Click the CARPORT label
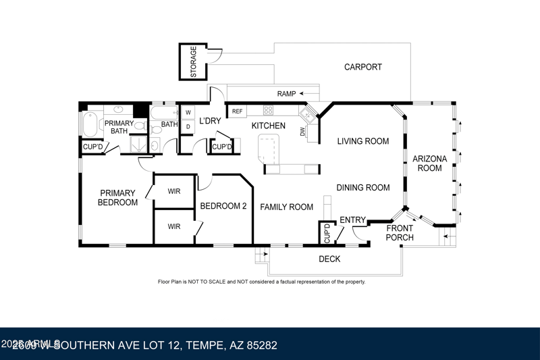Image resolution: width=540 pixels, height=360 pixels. [x=362, y=67]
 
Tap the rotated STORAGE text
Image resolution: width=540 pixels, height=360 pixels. [x=194, y=61]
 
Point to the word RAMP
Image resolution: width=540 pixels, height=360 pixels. [x=288, y=93]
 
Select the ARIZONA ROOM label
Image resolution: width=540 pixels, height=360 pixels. [x=430, y=163]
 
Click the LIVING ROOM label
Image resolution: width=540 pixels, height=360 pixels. [x=363, y=141]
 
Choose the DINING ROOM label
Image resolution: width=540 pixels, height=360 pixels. [x=363, y=188]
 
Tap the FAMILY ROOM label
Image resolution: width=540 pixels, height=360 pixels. [x=287, y=207]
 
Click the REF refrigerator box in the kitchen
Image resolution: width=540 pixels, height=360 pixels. [x=237, y=111]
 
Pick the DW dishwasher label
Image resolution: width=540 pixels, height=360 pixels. [x=302, y=132]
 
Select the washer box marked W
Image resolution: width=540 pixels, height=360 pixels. [x=188, y=112]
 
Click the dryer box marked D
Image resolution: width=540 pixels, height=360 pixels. [x=188, y=126]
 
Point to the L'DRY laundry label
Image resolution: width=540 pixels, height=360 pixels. [x=210, y=122]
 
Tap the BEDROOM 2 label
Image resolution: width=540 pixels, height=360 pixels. [x=223, y=206]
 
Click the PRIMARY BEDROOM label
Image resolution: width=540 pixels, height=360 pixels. [x=117, y=197]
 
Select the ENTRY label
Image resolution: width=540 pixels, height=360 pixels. [x=352, y=220]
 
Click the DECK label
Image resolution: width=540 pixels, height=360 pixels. [x=329, y=259]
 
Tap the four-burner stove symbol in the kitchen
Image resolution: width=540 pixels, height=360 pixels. [x=268, y=111]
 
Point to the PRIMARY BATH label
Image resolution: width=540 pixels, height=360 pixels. [x=119, y=127]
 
